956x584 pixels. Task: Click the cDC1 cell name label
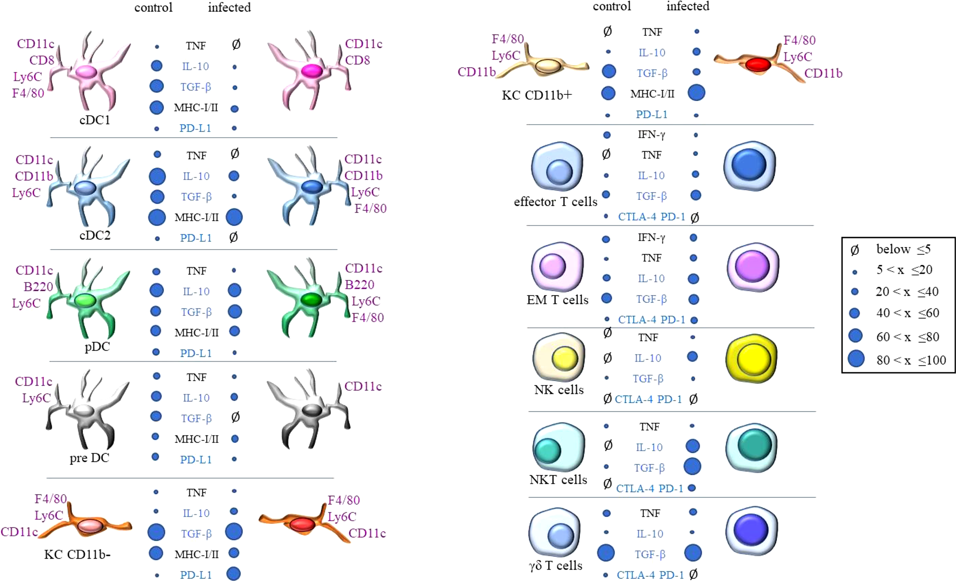coord(95,121)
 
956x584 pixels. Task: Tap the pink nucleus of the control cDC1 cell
coord(86,72)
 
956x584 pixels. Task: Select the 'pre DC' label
coord(89,458)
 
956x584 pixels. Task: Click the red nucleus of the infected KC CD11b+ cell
coord(759,64)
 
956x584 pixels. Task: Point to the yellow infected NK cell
coord(751,359)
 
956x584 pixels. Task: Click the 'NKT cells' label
coord(558,480)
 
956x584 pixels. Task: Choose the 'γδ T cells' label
coord(555,566)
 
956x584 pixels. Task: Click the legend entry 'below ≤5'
coord(903,249)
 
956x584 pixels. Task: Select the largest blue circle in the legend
coord(856,359)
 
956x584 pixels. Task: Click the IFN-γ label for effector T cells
coord(652,135)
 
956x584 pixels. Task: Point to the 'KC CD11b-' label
coord(77,555)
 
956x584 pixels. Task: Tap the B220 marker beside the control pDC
coord(38,287)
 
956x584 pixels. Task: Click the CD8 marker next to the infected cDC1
coord(357,60)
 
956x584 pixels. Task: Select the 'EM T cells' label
coord(557,300)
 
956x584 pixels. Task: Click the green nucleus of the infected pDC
coord(311,300)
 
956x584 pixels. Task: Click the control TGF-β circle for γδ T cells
coord(606,553)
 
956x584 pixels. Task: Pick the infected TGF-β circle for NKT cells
coord(692,467)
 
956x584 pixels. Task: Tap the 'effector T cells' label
coord(555,202)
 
